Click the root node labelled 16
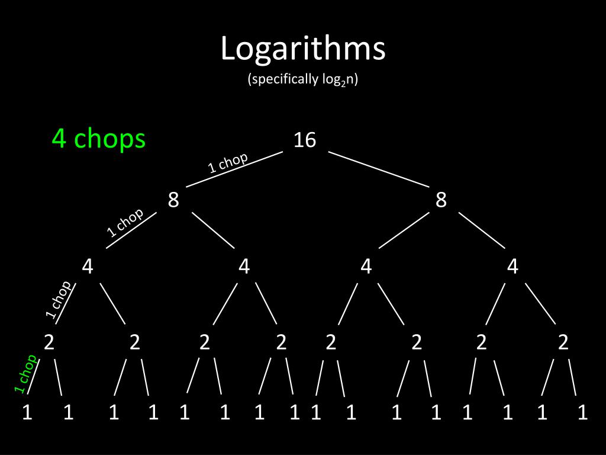click(305, 140)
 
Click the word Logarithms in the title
click(303, 49)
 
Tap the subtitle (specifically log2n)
click(303, 80)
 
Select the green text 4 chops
click(98, 139)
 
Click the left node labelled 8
click(173, 200)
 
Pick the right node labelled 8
click(441, 200)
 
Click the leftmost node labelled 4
click(88, 267)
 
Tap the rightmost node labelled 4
click(512, 267)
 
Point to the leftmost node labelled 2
click(49, 342)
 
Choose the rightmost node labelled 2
click(563, 342)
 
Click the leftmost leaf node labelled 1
click(27, 412)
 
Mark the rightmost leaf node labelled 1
click(583, 412)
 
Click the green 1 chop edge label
click(25, 374)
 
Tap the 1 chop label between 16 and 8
click(228, 162)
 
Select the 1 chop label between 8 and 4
click(125, 222)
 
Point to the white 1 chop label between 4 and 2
click(59, 300)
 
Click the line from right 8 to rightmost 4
click(482, 230)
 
